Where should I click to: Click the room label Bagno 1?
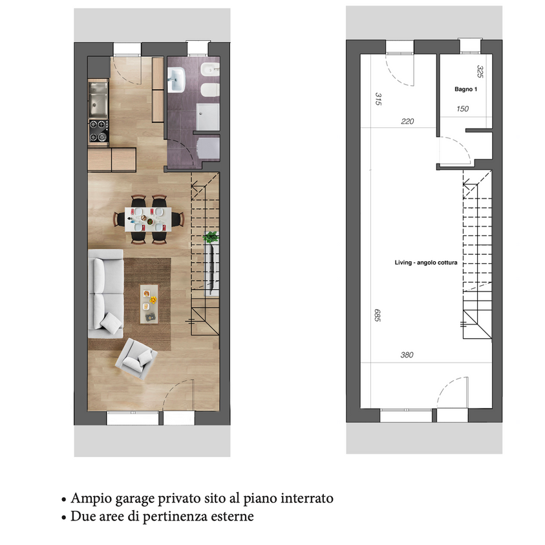(465, 89)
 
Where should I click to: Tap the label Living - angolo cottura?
(426, 262)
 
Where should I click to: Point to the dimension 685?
(378, 315)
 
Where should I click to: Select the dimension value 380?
(407, 355)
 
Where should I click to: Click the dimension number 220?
(407, 122)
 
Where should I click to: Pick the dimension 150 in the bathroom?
(463, 109)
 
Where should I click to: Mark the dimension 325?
(480, 71)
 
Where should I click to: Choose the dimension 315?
(378, 99)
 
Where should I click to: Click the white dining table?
(148, 219)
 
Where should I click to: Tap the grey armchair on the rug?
(136, 358)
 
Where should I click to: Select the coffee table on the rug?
(149, 304)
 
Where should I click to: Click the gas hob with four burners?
(98, 131)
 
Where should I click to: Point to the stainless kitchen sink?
(98, 99)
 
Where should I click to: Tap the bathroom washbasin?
(176, 80)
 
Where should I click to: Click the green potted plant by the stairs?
(211, 237)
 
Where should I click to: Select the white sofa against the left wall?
(105, 294)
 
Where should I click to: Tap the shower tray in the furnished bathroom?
(208, 116)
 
